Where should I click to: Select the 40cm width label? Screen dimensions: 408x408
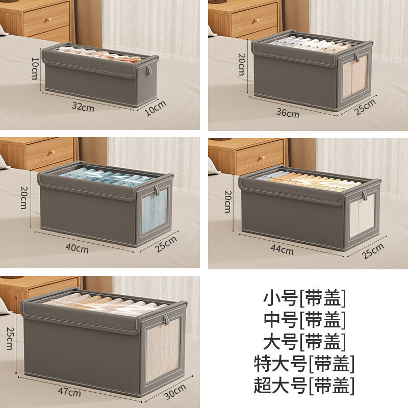77,249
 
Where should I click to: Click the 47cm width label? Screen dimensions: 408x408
69,392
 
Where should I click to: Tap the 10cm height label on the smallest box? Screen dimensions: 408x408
35,68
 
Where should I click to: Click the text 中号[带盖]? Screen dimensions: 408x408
304,319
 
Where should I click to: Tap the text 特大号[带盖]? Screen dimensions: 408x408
304,364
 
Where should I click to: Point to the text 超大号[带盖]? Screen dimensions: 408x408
304,386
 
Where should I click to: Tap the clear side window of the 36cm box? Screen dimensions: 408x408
354,76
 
